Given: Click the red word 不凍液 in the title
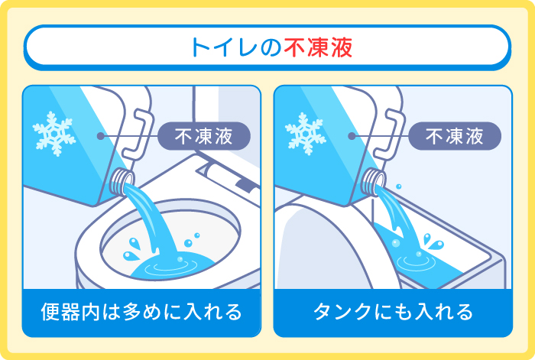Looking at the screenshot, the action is point(318,47).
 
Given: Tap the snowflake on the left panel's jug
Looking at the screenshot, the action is point(54,134).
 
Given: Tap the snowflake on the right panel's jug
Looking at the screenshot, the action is point(306,134).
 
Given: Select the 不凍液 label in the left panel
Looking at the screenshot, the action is point(204,136).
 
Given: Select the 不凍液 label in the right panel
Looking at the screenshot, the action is point(455,136).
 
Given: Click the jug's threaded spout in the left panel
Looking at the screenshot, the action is point(122,182).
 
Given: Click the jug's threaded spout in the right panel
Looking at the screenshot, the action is point(374,182).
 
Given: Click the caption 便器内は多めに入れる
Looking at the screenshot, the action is point(141,312).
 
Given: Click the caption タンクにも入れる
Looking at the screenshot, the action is point(393,312).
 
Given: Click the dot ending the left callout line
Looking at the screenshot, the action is point(100,136).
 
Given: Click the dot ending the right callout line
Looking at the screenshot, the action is point(352,136).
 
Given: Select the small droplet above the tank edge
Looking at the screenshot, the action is point(398,186).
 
